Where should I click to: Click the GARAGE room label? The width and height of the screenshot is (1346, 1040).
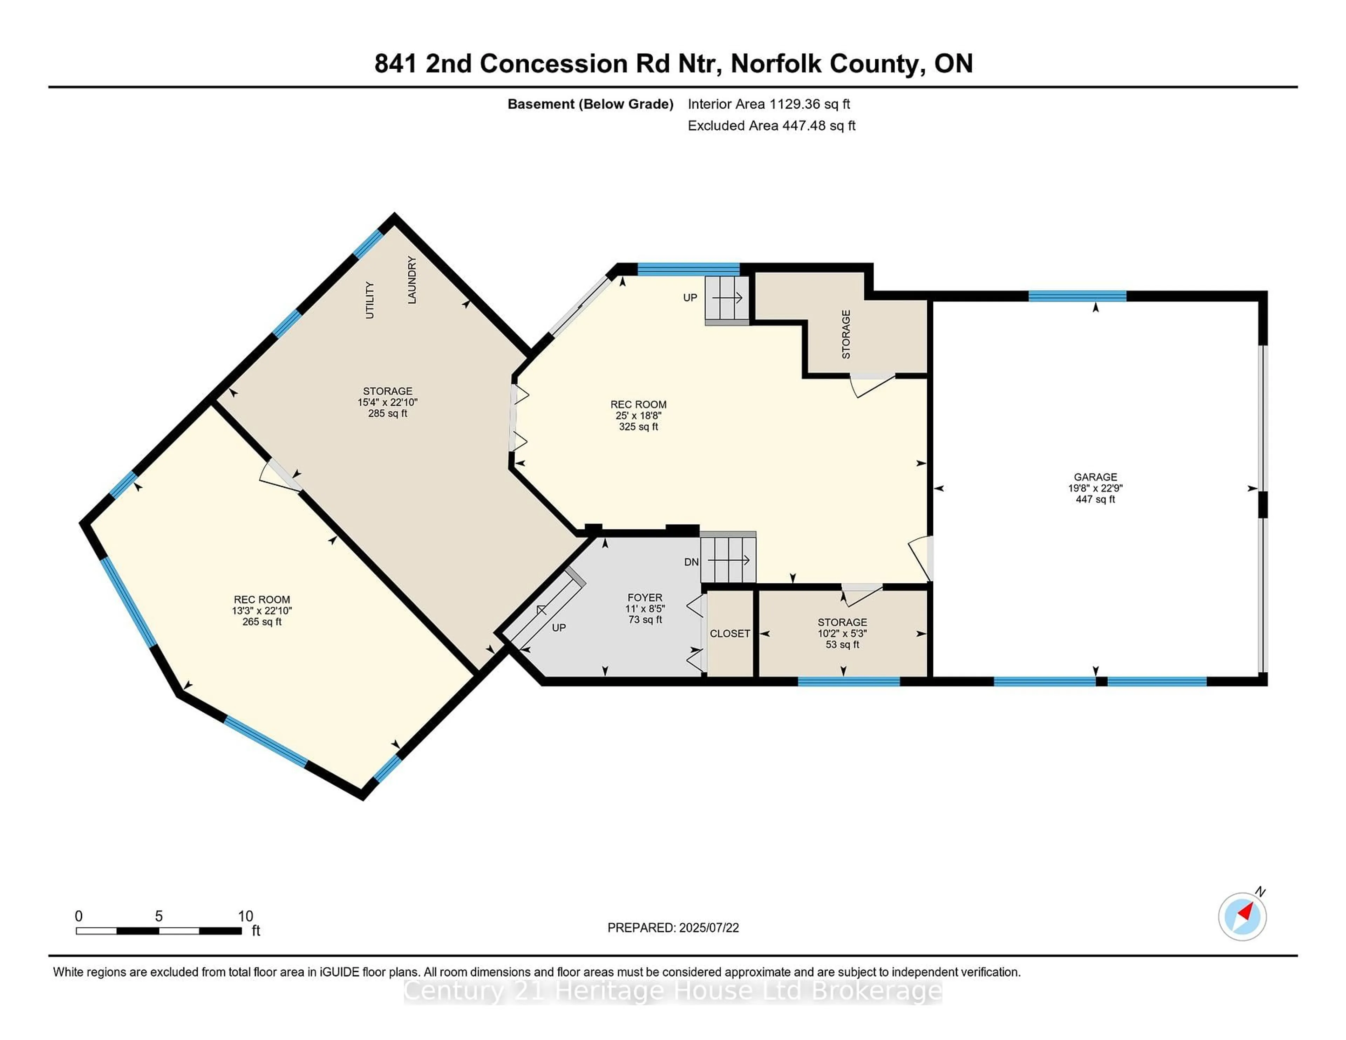pos(1095,477)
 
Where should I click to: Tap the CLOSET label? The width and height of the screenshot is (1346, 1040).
pos(730,634)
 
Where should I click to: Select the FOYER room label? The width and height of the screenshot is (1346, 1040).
pos(645,598)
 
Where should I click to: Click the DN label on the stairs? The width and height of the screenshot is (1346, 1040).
pos(692,562)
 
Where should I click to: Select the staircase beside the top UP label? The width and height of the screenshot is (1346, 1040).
pos(727,299)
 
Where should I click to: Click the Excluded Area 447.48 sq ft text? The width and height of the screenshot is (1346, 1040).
pos(771,126)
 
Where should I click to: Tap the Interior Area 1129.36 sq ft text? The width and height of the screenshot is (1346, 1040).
pos(769,104)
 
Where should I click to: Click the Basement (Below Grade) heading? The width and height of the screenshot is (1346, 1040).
pos(590,104)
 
